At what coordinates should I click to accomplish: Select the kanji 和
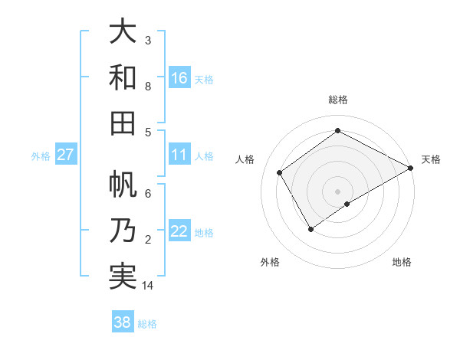[122, 77]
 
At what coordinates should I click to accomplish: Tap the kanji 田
[122, 123]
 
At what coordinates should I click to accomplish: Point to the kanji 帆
[122, 185]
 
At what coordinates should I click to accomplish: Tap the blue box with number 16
[179, 77]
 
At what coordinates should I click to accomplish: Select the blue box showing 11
[179, 155]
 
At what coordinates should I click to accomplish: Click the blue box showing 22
[179, 231]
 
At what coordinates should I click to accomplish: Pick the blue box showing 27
[66, 155]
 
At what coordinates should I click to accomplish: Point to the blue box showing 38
[123, 322]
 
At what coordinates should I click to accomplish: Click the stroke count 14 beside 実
[149, 286]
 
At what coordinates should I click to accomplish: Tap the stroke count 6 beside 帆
[148, 194]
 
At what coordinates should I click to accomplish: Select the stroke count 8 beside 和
[148, 87]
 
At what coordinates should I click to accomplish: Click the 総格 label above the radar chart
[338, 100]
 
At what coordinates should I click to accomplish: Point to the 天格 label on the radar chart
[431, 159]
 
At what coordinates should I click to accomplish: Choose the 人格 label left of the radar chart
[245, 159]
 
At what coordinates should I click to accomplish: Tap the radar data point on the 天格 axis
[411, 168]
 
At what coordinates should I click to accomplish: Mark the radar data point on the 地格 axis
[347, 204]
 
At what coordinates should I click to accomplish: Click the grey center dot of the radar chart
[338, 191]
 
